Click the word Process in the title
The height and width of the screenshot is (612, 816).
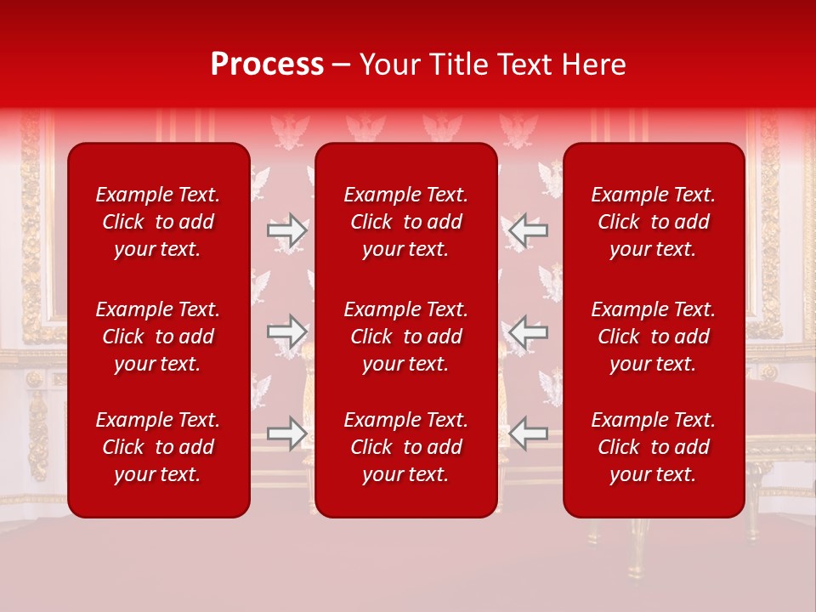coord(267,65)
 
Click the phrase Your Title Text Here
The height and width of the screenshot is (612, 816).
coord(492,65)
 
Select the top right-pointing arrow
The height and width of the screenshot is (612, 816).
coord(286,230)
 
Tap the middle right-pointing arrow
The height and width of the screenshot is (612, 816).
coord(286,331)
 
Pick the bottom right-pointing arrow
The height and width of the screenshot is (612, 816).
coord(286,433)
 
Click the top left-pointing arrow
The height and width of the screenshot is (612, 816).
coord(528,230)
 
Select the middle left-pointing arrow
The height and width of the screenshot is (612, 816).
coord(528,331)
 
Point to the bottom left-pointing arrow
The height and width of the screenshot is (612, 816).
coord(528,433)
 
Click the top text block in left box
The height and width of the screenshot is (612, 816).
coord(157,222)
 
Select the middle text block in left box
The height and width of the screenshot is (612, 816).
coord(157,337)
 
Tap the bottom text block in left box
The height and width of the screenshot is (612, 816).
coord(157,447)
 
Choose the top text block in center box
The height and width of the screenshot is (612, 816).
coord(405,222)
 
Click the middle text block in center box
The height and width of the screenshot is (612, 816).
coord(405,337)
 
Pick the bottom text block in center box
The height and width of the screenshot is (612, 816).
coord(405,447)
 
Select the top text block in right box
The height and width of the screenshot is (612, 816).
coord(653,222)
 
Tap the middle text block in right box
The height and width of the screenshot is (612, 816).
coord(653,337)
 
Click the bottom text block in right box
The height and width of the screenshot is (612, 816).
coord(653,447)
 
